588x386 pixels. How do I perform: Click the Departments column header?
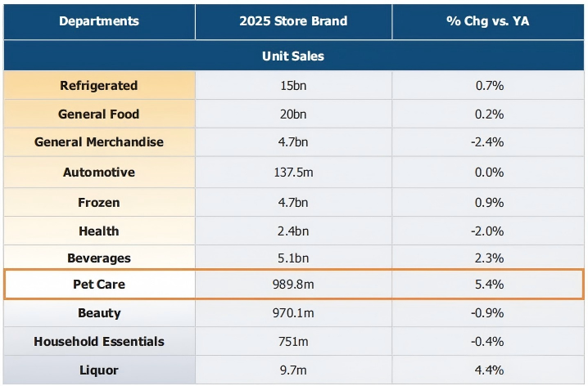pos(98,20)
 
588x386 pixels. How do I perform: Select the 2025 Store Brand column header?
pos(293,20)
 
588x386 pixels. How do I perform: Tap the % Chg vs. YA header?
pos(488,20)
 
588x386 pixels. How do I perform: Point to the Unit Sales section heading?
pos(293,56)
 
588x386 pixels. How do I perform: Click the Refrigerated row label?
pos(98,86)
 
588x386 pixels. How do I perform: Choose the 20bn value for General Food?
pos(293,114)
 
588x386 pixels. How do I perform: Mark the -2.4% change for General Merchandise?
pos(488,142)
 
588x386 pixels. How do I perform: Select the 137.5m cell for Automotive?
pos(293,173)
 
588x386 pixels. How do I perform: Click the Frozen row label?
pos(98,202)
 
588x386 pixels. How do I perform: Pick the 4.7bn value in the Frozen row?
pos(293,202)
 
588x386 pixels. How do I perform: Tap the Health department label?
pos(98,231)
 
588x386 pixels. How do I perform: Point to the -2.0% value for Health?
pos(488,231)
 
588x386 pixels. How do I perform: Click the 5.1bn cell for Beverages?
pos(293,258)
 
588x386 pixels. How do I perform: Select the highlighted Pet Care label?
pos(98,285)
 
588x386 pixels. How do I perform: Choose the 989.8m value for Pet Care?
pos(293,285)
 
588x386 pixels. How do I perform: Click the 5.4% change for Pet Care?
pos(488,285)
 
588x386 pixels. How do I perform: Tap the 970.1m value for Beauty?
pos(293,313)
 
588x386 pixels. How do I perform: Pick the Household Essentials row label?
pos(98,342)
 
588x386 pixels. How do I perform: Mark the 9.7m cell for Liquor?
pos(293,370)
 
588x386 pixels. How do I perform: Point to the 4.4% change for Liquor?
pos(488,370)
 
